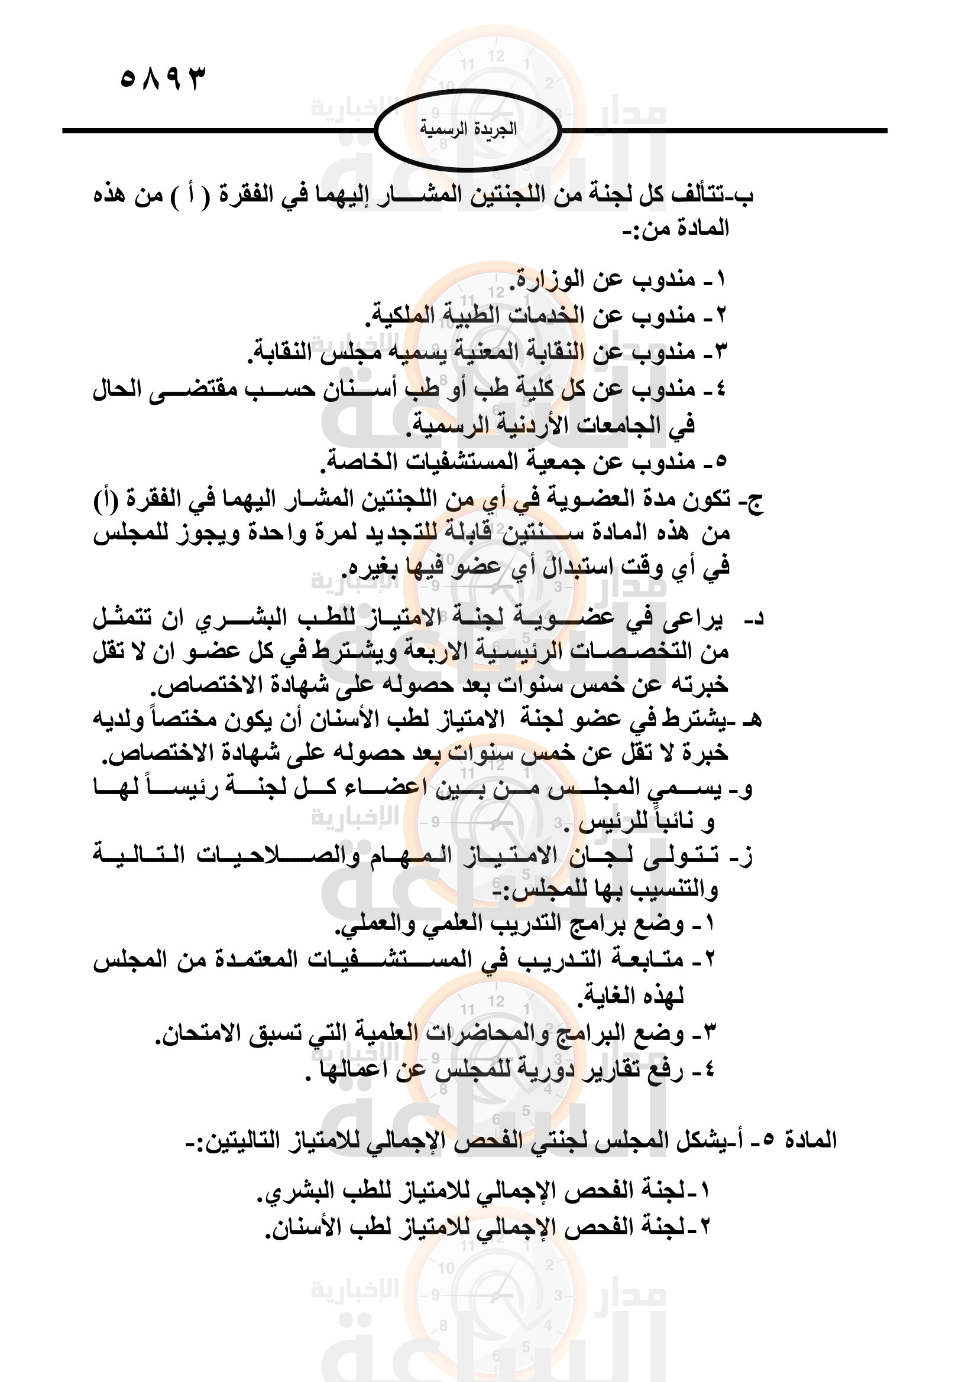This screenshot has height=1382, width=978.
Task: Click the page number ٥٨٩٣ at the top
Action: coord(163,78)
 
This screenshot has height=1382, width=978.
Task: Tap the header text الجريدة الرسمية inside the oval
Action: coord(468,129)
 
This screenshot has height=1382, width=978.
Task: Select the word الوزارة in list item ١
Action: coord(548,279)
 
